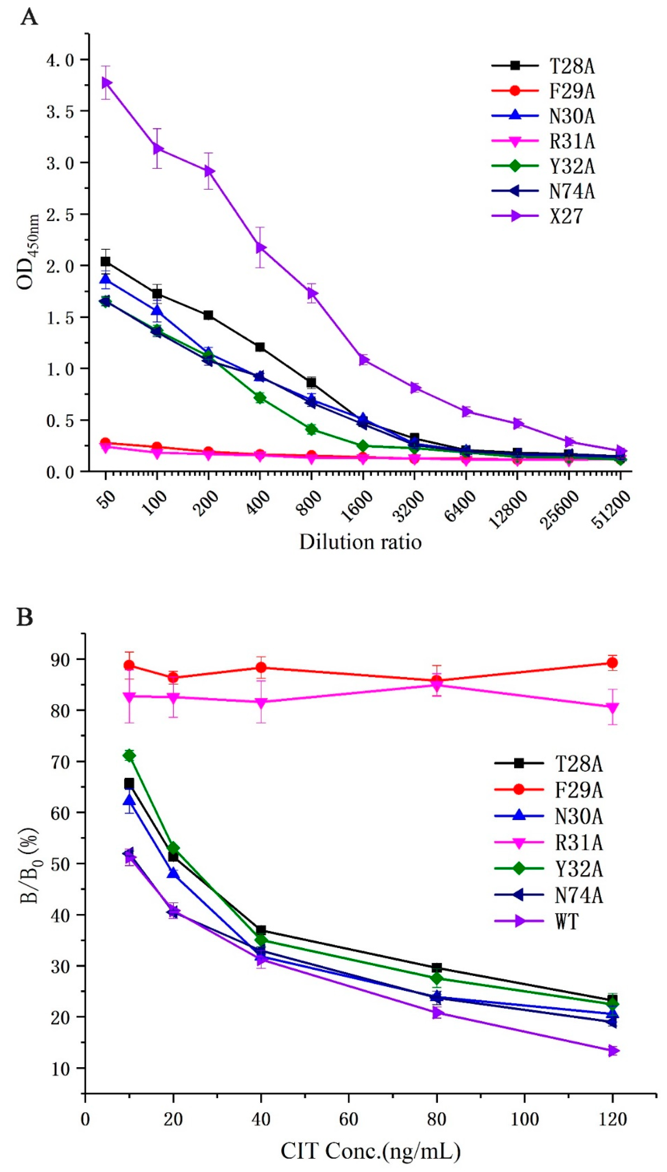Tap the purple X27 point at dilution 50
(106, 82)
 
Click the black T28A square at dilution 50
(105, 261)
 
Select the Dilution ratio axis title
(360, 542)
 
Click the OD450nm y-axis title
(27, 252)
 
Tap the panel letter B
(25, 617)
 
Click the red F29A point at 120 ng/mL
(612, 663)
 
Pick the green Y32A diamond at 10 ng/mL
(129, 756)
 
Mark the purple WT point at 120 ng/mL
(613, 1051)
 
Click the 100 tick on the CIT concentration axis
(524, 1119)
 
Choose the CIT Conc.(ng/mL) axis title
(370, 1151)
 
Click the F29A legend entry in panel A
(572, 91)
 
